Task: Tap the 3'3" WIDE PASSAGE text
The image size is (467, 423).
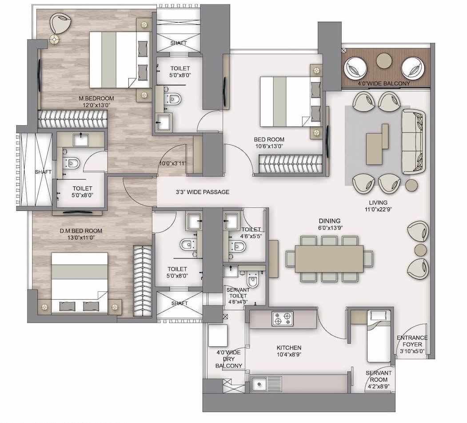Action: pyautogui.click(x=203, y=192)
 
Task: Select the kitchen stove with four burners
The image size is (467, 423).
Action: pyautogui.click(x=283, y=319)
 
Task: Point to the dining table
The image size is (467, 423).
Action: pyautogui.click(x=329, y=258)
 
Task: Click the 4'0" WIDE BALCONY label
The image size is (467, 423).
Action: pyautogui.click(x=383, y=83)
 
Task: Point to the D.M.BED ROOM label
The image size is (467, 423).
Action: pyautogui.click(x=81, y=234)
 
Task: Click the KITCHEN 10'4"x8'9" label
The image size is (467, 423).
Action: pyautogui.click(x=289, y=351)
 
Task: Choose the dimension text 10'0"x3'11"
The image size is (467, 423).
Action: pyautogui.click(x=173, y=164)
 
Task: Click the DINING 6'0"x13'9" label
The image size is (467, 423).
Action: pyautogui.click(x=329, y=224)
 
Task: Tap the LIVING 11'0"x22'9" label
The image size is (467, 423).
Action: pyautogui.click(x=378, y=206)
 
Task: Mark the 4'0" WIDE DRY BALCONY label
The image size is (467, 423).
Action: pyautogui.click(x=229, y=359)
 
